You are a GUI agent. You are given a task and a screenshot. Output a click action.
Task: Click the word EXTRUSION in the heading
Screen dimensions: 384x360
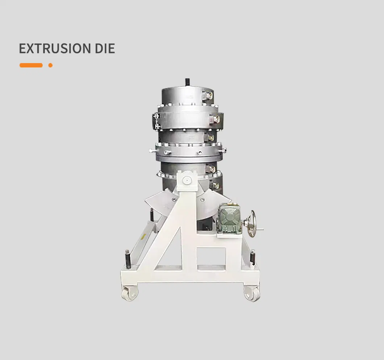55,48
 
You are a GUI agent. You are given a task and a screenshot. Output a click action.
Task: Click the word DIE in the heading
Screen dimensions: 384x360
105,48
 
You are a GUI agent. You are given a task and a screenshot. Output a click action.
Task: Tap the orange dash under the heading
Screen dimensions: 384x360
31,65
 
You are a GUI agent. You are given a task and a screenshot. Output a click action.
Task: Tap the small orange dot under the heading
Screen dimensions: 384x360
50,65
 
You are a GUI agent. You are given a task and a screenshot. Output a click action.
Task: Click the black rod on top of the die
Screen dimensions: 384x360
187,82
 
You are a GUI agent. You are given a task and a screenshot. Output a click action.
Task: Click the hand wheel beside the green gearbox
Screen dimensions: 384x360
251,223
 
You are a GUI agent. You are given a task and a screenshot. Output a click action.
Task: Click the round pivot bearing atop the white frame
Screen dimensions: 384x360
187,180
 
